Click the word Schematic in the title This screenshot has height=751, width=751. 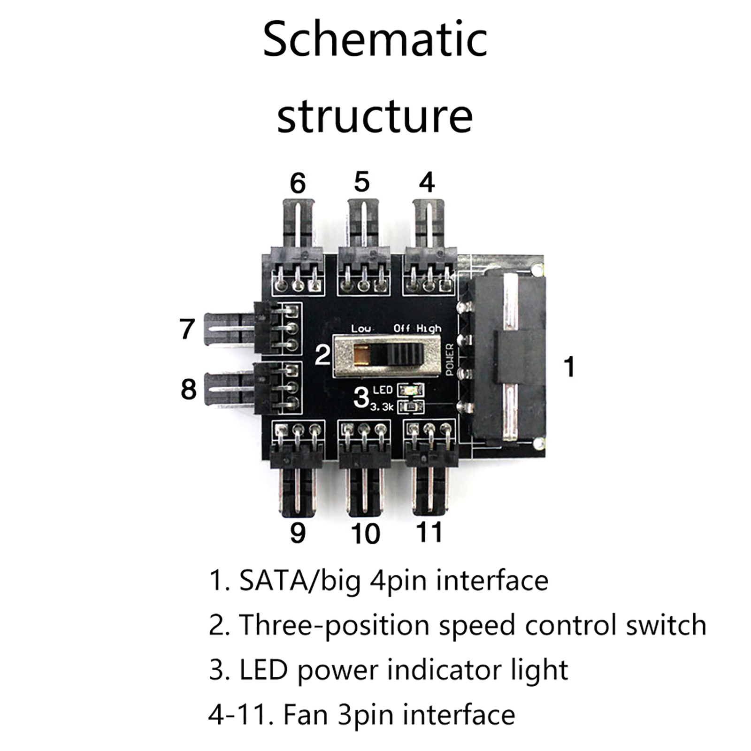[x=375, y=40]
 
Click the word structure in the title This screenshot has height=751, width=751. [x=375, y=116]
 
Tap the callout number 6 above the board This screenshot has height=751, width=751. [x=298, y=184]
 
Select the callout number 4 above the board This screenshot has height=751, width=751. [x=426, y=183]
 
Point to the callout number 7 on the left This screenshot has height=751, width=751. [x=187, y=329]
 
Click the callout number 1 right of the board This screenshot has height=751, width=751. [x=569, y=367]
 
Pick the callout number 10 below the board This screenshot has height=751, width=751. [x=365, y=534]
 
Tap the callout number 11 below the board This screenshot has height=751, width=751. [x=429, y=533]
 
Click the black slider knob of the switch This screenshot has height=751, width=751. [x=405, y=355]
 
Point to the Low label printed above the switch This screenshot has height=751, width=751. [x=360, y=329]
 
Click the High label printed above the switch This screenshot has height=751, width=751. [x=429, y=329]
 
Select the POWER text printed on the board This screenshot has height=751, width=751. [x=449, y=359]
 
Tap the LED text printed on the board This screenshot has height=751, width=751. [x=383, y=390]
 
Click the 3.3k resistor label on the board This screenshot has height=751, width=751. [x=381, y=407]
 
